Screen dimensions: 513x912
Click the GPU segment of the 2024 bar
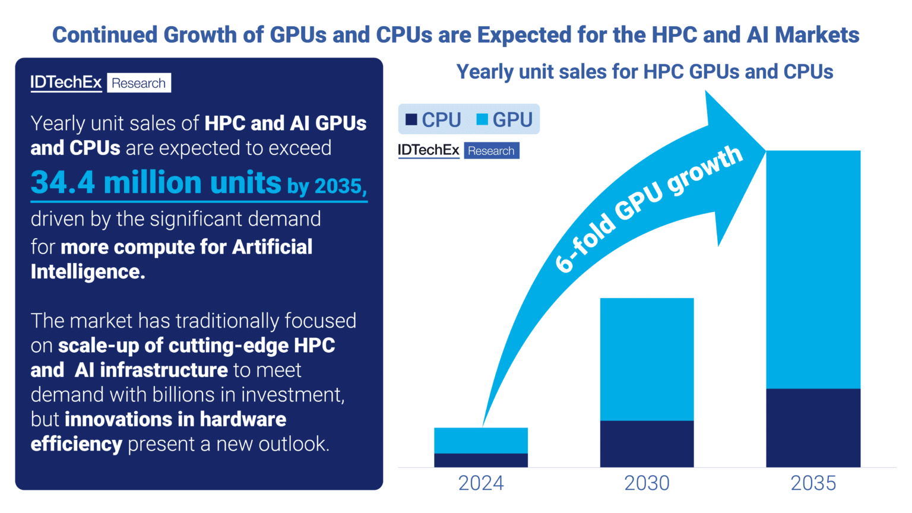coord(481,441)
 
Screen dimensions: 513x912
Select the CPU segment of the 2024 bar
coord(481,460)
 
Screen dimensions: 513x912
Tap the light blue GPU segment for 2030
coord(647,359)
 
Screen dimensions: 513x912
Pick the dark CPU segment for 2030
coord(647,444)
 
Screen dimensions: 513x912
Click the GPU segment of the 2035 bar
coord(813,270)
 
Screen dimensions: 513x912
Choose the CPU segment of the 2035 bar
coord(813,427)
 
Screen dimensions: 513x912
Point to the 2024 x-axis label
coord(481,483)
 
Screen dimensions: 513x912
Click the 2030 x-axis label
coord(647,483)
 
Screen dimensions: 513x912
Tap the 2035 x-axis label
coord(813,483)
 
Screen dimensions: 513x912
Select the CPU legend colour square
coord(411,119)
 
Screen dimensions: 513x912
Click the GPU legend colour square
coord(482,119)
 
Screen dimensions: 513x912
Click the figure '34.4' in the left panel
coord(63,182)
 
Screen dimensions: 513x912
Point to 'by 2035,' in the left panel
coord(327,186)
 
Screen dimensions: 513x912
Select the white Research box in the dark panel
coord(139,83)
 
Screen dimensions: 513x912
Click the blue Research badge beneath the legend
coord(491,151)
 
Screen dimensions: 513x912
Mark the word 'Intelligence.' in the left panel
coord(88,272)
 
